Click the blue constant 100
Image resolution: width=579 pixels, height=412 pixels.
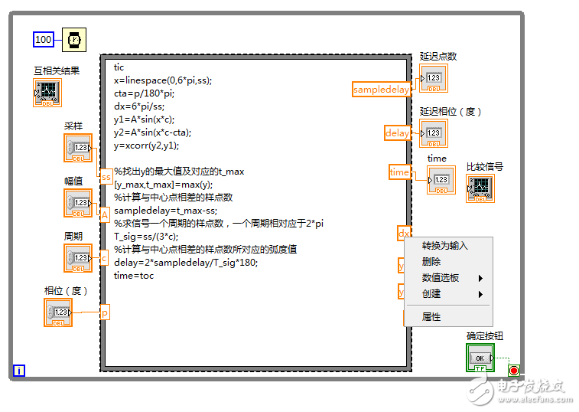coord(44,39)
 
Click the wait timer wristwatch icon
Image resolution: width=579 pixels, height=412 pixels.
coord(74,39)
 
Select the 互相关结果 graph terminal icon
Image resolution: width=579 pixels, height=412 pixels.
coord(47,93)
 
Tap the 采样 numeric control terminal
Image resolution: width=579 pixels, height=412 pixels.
coord(78,147)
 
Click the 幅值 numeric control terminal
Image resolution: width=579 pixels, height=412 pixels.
coord(78,202)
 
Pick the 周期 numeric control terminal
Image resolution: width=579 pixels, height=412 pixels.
coord(78,257)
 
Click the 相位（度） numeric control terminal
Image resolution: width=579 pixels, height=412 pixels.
coord(59,312)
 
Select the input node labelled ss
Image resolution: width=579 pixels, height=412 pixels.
coord(106,176)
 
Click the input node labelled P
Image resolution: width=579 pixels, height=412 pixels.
coord(105,313)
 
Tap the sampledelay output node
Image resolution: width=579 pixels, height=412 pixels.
coord(382,90)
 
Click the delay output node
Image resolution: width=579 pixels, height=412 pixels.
coord(397,133)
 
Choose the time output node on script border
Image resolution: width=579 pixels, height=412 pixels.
coord(399,172)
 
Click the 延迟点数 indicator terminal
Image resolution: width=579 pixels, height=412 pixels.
coord(434,78)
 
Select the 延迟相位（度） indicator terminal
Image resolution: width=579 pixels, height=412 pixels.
coord(434,133)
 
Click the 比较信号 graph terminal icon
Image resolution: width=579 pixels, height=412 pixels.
coord(480,188)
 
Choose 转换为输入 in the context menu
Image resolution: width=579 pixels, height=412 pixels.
coord(444,246)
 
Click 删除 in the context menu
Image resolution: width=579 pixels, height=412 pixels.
coord(431,262)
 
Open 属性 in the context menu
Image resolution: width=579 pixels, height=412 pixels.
coord(431,317)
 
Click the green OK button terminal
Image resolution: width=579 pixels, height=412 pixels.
coord(480,358)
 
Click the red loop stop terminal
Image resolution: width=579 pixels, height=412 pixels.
coord(513,371)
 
